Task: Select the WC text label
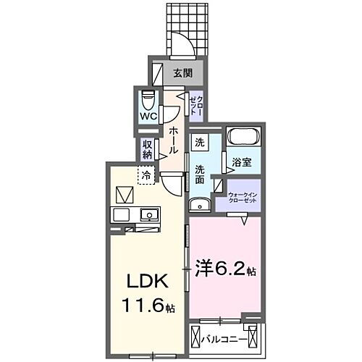tap(149, 117)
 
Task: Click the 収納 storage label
tap(148, 148)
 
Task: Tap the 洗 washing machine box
tap(199, 143)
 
